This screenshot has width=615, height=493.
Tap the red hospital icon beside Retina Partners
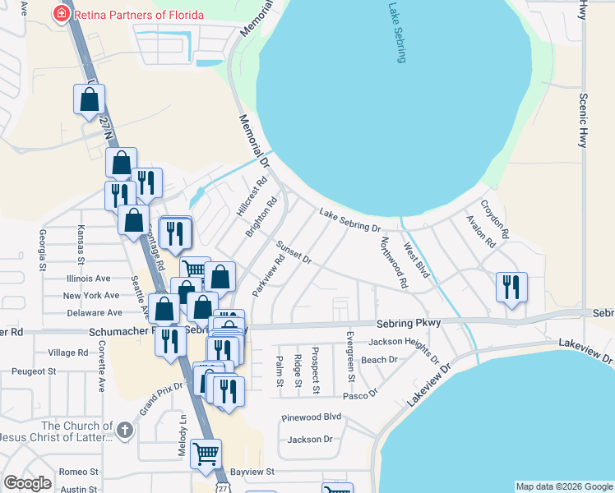59,13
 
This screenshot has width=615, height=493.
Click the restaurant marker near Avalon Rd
511,287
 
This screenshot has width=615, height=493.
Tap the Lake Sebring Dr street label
349,220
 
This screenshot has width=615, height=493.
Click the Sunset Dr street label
294,252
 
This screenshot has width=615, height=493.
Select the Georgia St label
42,251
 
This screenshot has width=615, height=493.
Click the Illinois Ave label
87,279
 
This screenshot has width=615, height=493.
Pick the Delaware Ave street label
93,313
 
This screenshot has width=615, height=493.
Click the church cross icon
124,430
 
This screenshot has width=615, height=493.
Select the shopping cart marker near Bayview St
206,453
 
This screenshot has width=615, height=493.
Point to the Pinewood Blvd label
310,417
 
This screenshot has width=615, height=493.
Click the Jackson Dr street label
310,440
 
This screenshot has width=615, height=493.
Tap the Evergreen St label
349,349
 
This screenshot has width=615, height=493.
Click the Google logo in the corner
27,483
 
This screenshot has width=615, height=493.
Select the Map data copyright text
564,486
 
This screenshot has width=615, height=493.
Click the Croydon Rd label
495,219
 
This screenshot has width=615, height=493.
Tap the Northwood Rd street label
393,262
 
